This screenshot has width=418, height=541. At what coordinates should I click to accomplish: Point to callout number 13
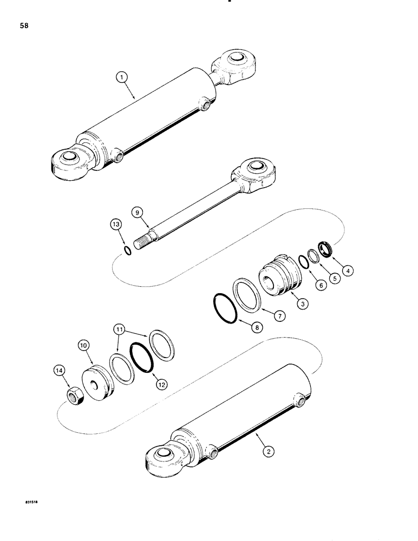117,225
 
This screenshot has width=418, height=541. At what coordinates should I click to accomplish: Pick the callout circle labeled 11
121,329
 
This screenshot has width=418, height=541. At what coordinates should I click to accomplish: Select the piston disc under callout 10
97,384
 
